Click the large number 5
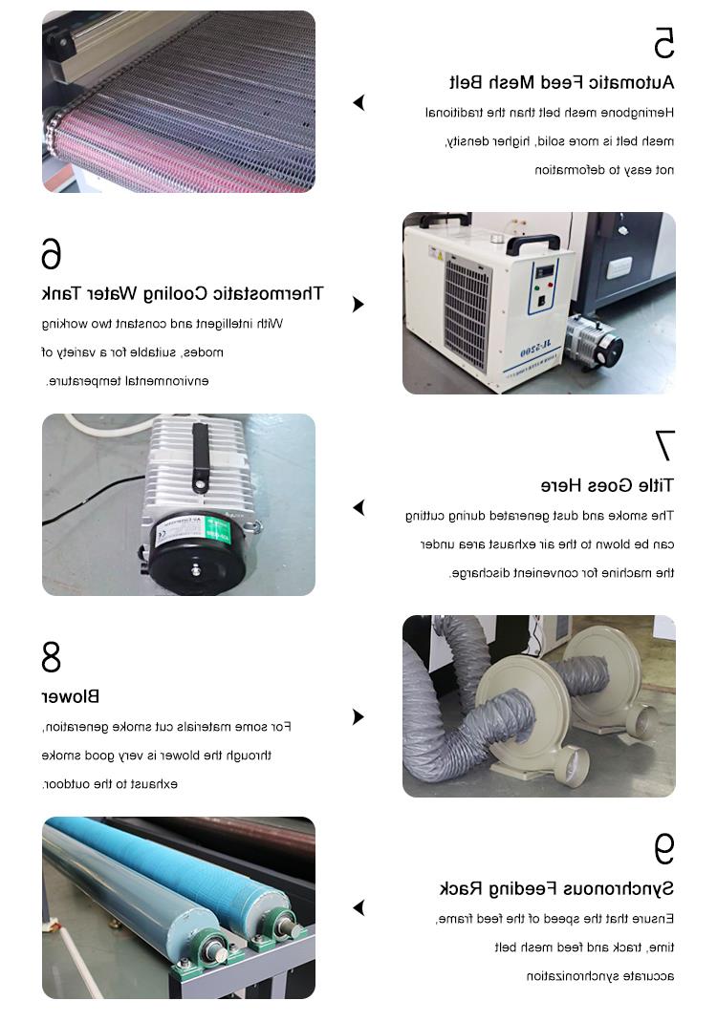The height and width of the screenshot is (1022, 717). tap(664, 43)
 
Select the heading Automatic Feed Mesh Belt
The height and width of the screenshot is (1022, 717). tap(562, 83)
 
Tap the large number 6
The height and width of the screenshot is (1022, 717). tap(51, 253)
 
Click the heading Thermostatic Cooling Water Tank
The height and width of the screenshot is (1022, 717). tap(182, 294)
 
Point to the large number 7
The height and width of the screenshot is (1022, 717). tap(664, 445)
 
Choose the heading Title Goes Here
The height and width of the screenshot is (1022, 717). tap(607, 485)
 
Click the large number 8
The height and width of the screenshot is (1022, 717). tap(51, 657)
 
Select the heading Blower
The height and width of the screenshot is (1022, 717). tap(71, 696)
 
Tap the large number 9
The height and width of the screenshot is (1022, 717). tap(664, 848)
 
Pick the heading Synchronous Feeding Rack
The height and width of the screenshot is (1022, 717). tap(556, 888)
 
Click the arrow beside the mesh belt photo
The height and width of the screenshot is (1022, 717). tap(358, 102)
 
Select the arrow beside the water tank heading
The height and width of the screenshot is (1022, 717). tap(358, 305)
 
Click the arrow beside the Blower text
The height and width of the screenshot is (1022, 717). tap(358, 717)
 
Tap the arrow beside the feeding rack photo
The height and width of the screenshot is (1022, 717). tap(358, 907)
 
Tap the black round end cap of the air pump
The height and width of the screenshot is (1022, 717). tap(196, 555)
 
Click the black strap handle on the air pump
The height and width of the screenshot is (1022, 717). tap(200, 457)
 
